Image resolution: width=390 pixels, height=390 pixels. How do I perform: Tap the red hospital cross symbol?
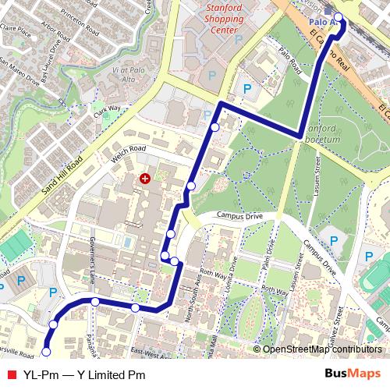[144, 179]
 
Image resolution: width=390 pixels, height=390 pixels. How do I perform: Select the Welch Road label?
[129, 151]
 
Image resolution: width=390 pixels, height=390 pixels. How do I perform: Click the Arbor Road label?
[56, 32]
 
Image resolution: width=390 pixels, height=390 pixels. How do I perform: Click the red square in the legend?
[11, 374]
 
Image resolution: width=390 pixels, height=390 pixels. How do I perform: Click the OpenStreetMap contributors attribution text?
[321, 349]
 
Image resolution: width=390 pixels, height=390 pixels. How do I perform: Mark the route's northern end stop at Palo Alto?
[338, 17]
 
